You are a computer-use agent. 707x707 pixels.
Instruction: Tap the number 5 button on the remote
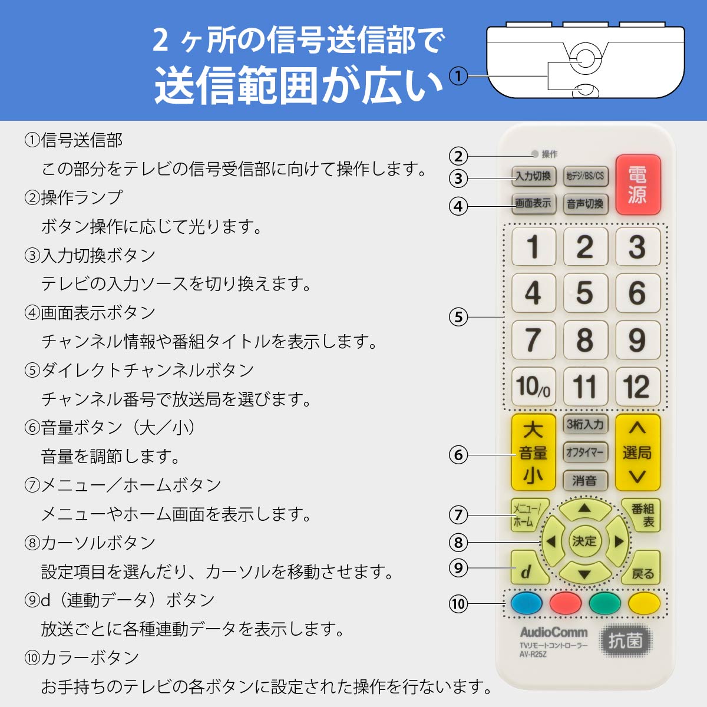pos(584,293)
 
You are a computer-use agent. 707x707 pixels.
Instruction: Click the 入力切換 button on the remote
pos(533,176)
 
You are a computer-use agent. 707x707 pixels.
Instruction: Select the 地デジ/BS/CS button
pos(585,176)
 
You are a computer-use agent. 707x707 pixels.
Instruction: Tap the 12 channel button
pos(637,386)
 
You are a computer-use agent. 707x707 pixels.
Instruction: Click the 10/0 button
pos(533,386)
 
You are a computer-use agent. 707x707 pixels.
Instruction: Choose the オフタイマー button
pos(584,452)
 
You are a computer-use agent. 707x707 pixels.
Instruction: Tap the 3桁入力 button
pos(584,424)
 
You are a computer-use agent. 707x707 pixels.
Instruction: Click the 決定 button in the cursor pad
pos(584,541)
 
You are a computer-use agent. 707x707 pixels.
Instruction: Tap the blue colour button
pos(526,603)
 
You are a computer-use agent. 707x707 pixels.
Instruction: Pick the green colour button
pos(605,603)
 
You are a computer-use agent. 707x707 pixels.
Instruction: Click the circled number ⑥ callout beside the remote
pos(458,455)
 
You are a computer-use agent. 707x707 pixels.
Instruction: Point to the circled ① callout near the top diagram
pos(458,76)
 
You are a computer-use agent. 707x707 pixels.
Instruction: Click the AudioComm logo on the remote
pos(553,632)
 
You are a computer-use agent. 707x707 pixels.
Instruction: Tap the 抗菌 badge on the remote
pos(625,640)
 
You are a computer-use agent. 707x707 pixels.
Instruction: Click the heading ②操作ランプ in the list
pos(74,197)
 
